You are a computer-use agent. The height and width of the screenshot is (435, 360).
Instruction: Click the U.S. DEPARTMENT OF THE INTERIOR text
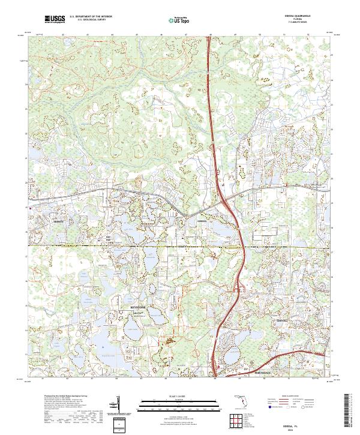pos(91,16)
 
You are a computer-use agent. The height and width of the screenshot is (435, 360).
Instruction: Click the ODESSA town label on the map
pos(202,221)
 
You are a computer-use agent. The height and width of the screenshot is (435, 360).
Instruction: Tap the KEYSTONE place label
pos(139,307)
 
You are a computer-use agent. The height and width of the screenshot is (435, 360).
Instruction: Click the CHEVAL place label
pos(282,321)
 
